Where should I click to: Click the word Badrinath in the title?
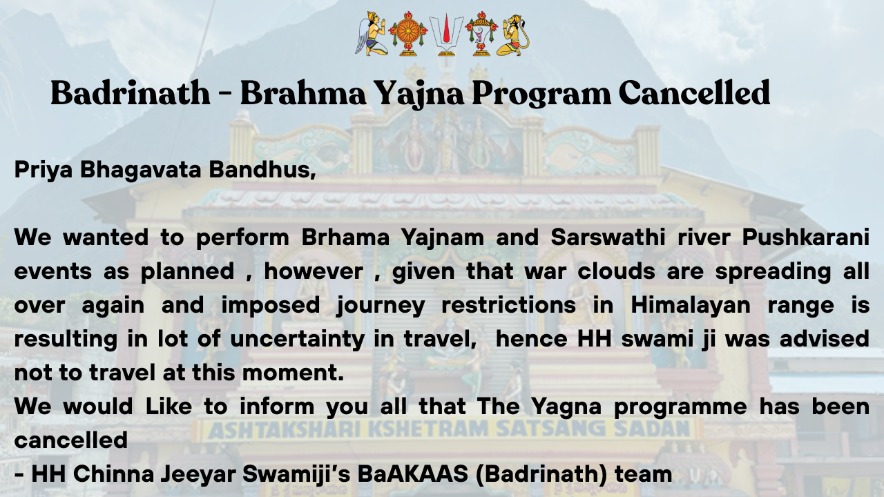coord(131,93)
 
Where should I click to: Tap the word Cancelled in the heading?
coord(694,93)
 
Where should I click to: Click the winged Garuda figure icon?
coord(372,34)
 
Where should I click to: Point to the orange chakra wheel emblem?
coord(408,34)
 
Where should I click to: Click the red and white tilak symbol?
coord(446,35)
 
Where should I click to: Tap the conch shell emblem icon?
coord(481,34)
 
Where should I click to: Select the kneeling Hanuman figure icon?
coord(513,35)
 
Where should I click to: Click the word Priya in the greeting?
coord(44,170)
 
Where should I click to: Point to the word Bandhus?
coord(262,170)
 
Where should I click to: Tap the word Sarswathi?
coord(608,237)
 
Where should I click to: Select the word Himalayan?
coord(691,306)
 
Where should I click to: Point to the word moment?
coord(293,373)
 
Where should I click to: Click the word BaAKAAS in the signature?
coord(412,474)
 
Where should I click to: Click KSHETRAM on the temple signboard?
coord(429,429)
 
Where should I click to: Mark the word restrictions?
coord(509,305)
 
